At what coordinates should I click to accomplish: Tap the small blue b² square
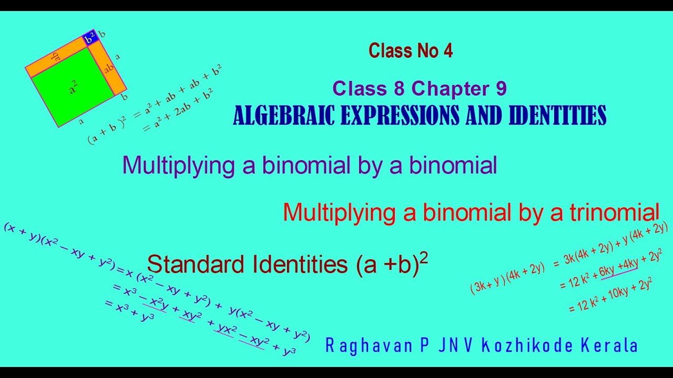click(90, 38)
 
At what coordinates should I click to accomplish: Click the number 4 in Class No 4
click(448, 51)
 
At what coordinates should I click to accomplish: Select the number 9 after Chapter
click(501, 89)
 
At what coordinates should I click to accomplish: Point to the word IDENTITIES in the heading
click(557, 115)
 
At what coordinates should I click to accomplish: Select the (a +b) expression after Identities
click(387, 264)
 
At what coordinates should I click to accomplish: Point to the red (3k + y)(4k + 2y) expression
click(507, 277)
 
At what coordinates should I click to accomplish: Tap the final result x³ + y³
click(129, 310)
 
